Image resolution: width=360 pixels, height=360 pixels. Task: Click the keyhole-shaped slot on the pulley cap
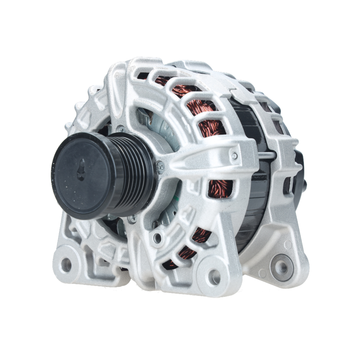(81, 170)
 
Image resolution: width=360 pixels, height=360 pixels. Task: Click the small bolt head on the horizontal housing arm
(235, 156)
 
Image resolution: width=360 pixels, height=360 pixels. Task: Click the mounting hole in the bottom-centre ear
(215, 277)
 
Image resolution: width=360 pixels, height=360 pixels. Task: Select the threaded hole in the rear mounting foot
(282, 267)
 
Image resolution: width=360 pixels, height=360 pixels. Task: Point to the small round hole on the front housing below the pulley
(157, 237)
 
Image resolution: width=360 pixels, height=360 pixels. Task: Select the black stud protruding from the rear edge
(305, 184)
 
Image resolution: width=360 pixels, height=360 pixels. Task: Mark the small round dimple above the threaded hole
(288, 244)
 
